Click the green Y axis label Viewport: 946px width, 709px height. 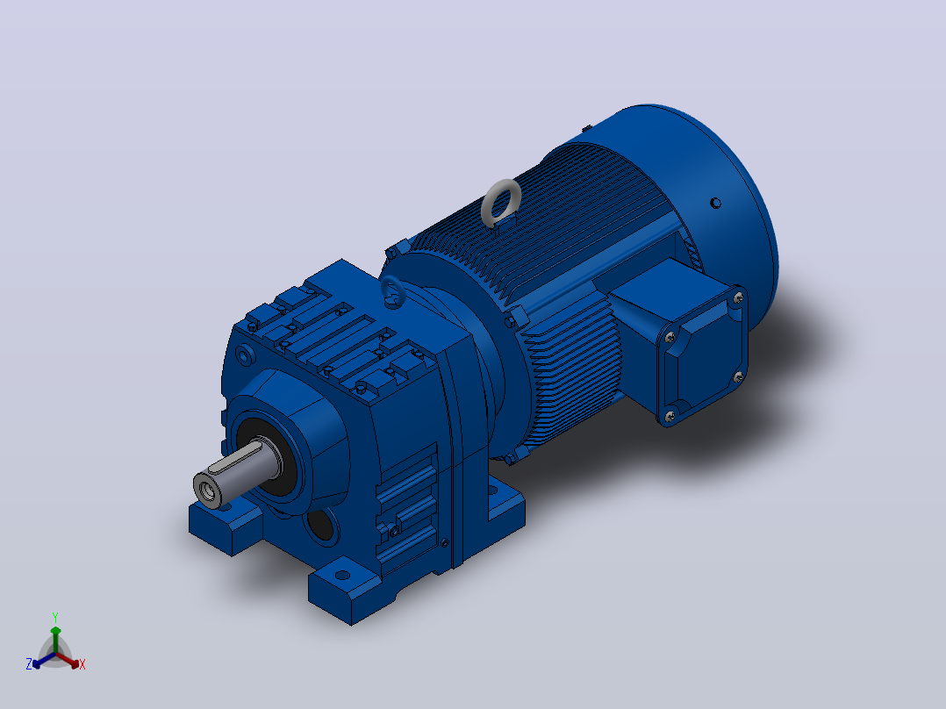[x=55, y=617]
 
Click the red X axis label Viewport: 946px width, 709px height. [x=82, y=664]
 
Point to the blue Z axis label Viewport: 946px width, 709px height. [x=28, y=664]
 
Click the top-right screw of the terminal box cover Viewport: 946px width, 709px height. [x=737, y=297]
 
